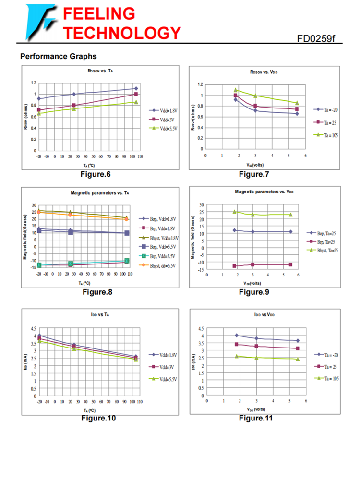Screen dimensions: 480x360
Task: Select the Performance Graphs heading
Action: click(x=58, y=57)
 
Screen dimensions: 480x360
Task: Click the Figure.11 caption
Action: click(x=256, y=418)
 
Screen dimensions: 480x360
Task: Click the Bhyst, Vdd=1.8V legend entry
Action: click(x=158, y=238)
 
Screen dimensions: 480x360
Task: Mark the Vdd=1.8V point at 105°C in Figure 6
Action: click(x=136, y=88)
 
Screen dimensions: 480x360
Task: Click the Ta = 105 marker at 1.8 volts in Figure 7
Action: click(x=236, y=90)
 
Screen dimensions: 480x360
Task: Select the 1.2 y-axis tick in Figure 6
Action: click(x=34, y=83)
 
